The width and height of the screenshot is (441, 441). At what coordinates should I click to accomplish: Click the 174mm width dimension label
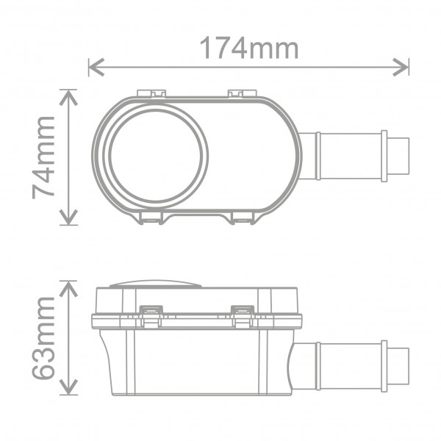click(249, 48)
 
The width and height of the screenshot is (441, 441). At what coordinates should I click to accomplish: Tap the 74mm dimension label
click(43, 158)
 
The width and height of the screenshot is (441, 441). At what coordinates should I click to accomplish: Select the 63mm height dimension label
click(43, 338)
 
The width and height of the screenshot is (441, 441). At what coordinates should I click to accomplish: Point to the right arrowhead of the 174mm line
click(401, 67)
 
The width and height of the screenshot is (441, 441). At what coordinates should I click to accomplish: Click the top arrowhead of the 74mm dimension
click(68, 97)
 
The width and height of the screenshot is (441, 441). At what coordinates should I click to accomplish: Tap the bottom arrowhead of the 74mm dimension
click(68, 217)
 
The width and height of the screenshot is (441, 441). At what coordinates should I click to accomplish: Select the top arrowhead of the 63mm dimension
click(68, 289)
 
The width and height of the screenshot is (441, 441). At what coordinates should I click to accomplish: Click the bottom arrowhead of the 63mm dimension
click(68, 387)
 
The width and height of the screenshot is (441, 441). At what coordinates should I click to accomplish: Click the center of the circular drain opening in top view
click(156, 156)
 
